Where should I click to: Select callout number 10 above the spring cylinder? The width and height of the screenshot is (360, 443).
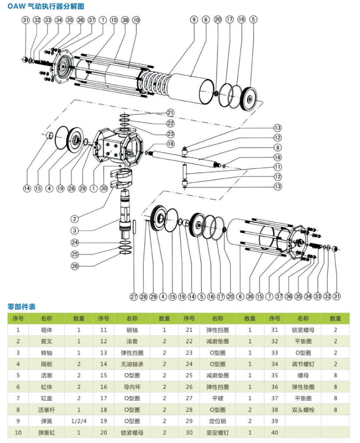coord(136,20)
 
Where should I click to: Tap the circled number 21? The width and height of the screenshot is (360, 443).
coord(170,112)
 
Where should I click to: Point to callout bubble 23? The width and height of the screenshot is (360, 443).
coord(170,134)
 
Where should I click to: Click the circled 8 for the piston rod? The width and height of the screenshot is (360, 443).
coord(278,148)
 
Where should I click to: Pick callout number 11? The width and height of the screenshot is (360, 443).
coord(278,167)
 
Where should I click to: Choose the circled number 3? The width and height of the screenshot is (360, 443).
coord(75,230)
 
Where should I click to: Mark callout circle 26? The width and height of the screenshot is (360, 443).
coord(75,266)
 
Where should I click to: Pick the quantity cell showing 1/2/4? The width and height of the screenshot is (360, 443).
coord(78,421)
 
